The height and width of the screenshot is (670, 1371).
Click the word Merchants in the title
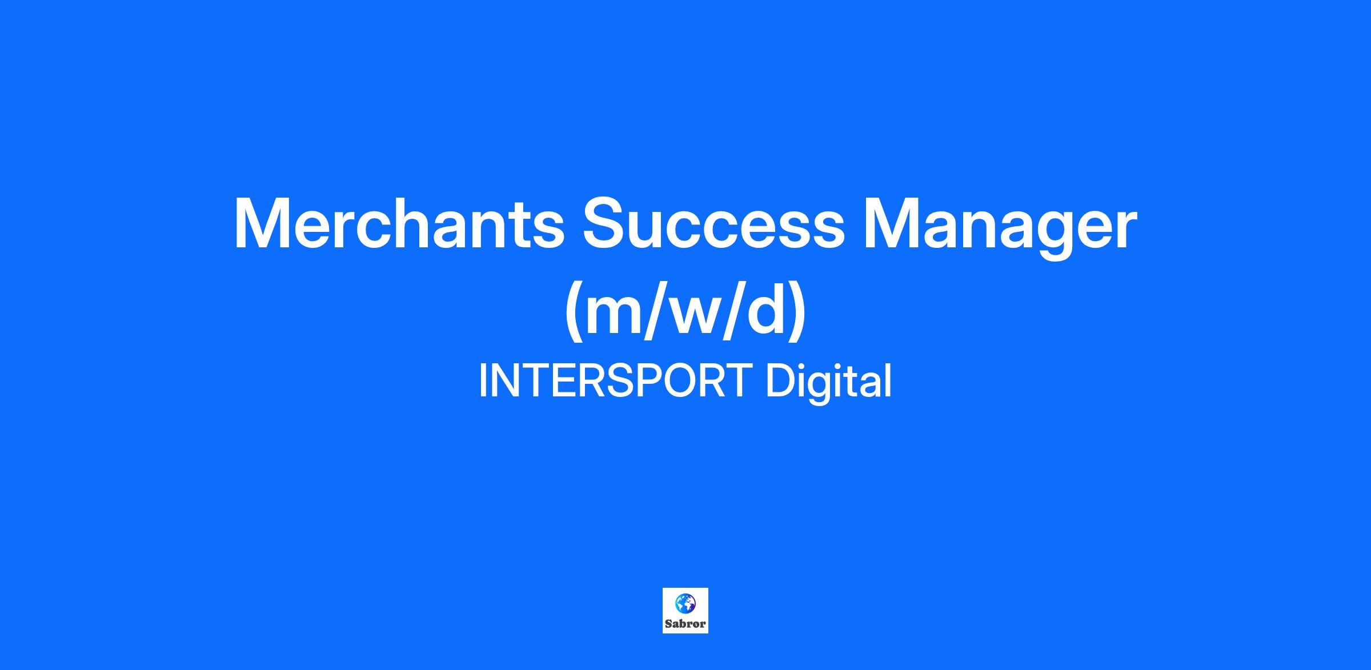pyautogui.click(x=399, y=223)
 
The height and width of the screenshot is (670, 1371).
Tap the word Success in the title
pyautogui.click(x=712, y=223)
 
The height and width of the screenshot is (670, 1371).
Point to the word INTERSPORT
pyautogui.click(x=615, y=381)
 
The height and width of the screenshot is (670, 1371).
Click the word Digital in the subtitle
pyautogui.click(x=828, y=383)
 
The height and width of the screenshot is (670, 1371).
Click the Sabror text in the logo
pyautogui.click(x=685, y=624)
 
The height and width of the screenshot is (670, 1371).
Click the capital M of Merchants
pyautogui.click(x=262, y=223)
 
